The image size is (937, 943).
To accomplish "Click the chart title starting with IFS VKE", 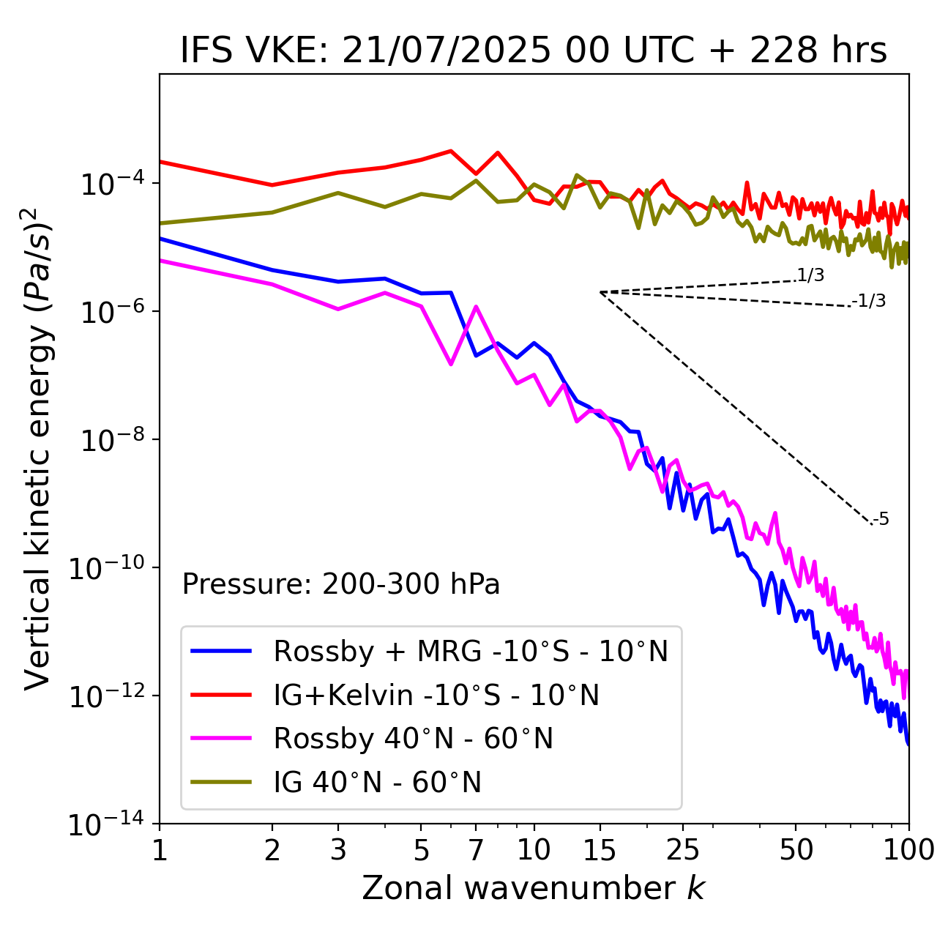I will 534,51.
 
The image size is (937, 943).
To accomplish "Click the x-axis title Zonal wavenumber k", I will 534,887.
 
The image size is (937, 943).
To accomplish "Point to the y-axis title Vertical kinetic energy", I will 38,448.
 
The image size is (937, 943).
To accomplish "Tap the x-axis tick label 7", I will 476,850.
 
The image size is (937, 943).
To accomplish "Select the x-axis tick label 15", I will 600,850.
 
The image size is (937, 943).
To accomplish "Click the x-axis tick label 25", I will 683,850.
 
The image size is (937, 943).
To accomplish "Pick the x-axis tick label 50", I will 796,850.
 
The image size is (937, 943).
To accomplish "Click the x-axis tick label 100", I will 908,850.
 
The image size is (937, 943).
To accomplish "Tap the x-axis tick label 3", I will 338,850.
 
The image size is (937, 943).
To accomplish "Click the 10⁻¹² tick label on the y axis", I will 106,696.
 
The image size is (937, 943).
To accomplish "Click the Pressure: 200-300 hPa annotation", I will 341,584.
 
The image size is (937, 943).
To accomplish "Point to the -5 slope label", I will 881,519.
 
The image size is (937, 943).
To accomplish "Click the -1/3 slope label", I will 870,301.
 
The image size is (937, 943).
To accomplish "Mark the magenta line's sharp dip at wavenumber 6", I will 451,364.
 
